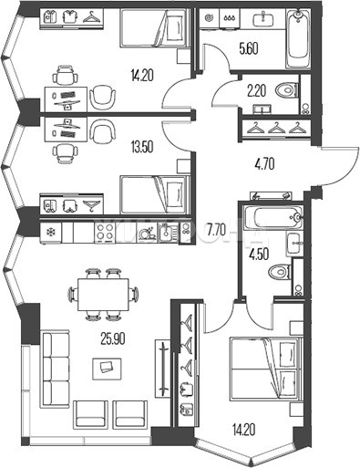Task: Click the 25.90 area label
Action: tap(113, 338)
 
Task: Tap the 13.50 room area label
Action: tap(141, 147)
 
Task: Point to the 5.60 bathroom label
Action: tap(249, 48)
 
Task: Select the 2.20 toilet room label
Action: tap(257, 91)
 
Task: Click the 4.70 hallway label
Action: tap(264, 164)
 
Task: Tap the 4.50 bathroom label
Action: tap(258, 254)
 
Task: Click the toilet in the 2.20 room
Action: tap(286, 90)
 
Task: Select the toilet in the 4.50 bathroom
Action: tap(280, 272)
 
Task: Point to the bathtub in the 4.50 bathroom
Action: tap(278, 217)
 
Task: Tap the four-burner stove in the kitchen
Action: tap(105, 233)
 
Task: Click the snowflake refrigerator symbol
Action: tap(50, 233)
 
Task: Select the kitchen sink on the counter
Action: tap(166, 233)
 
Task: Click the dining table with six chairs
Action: tap(103, 295)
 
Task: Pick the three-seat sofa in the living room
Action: tap(56, 368)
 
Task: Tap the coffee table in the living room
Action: tap(107, 369)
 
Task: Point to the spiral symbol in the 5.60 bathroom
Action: tap(209, 18)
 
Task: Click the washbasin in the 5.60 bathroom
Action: tap(263, 19)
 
